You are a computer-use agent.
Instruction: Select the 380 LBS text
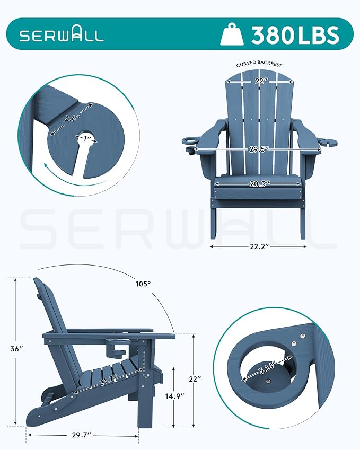(x=295, y=35)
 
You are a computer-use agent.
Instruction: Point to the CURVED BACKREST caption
(x=259, y=64)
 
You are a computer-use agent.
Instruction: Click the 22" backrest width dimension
(x=259, y=82)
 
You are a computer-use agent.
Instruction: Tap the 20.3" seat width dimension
(x=258, y=183)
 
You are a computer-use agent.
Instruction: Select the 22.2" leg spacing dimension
(x=258, y=246)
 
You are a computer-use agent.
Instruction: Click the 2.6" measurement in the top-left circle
(x=72, y=118)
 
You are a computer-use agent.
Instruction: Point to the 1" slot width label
(x=89, y=139)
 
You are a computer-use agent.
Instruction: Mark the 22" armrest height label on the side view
(x=195, y=380)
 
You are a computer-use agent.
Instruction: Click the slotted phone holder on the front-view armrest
(x=328, y=142)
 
